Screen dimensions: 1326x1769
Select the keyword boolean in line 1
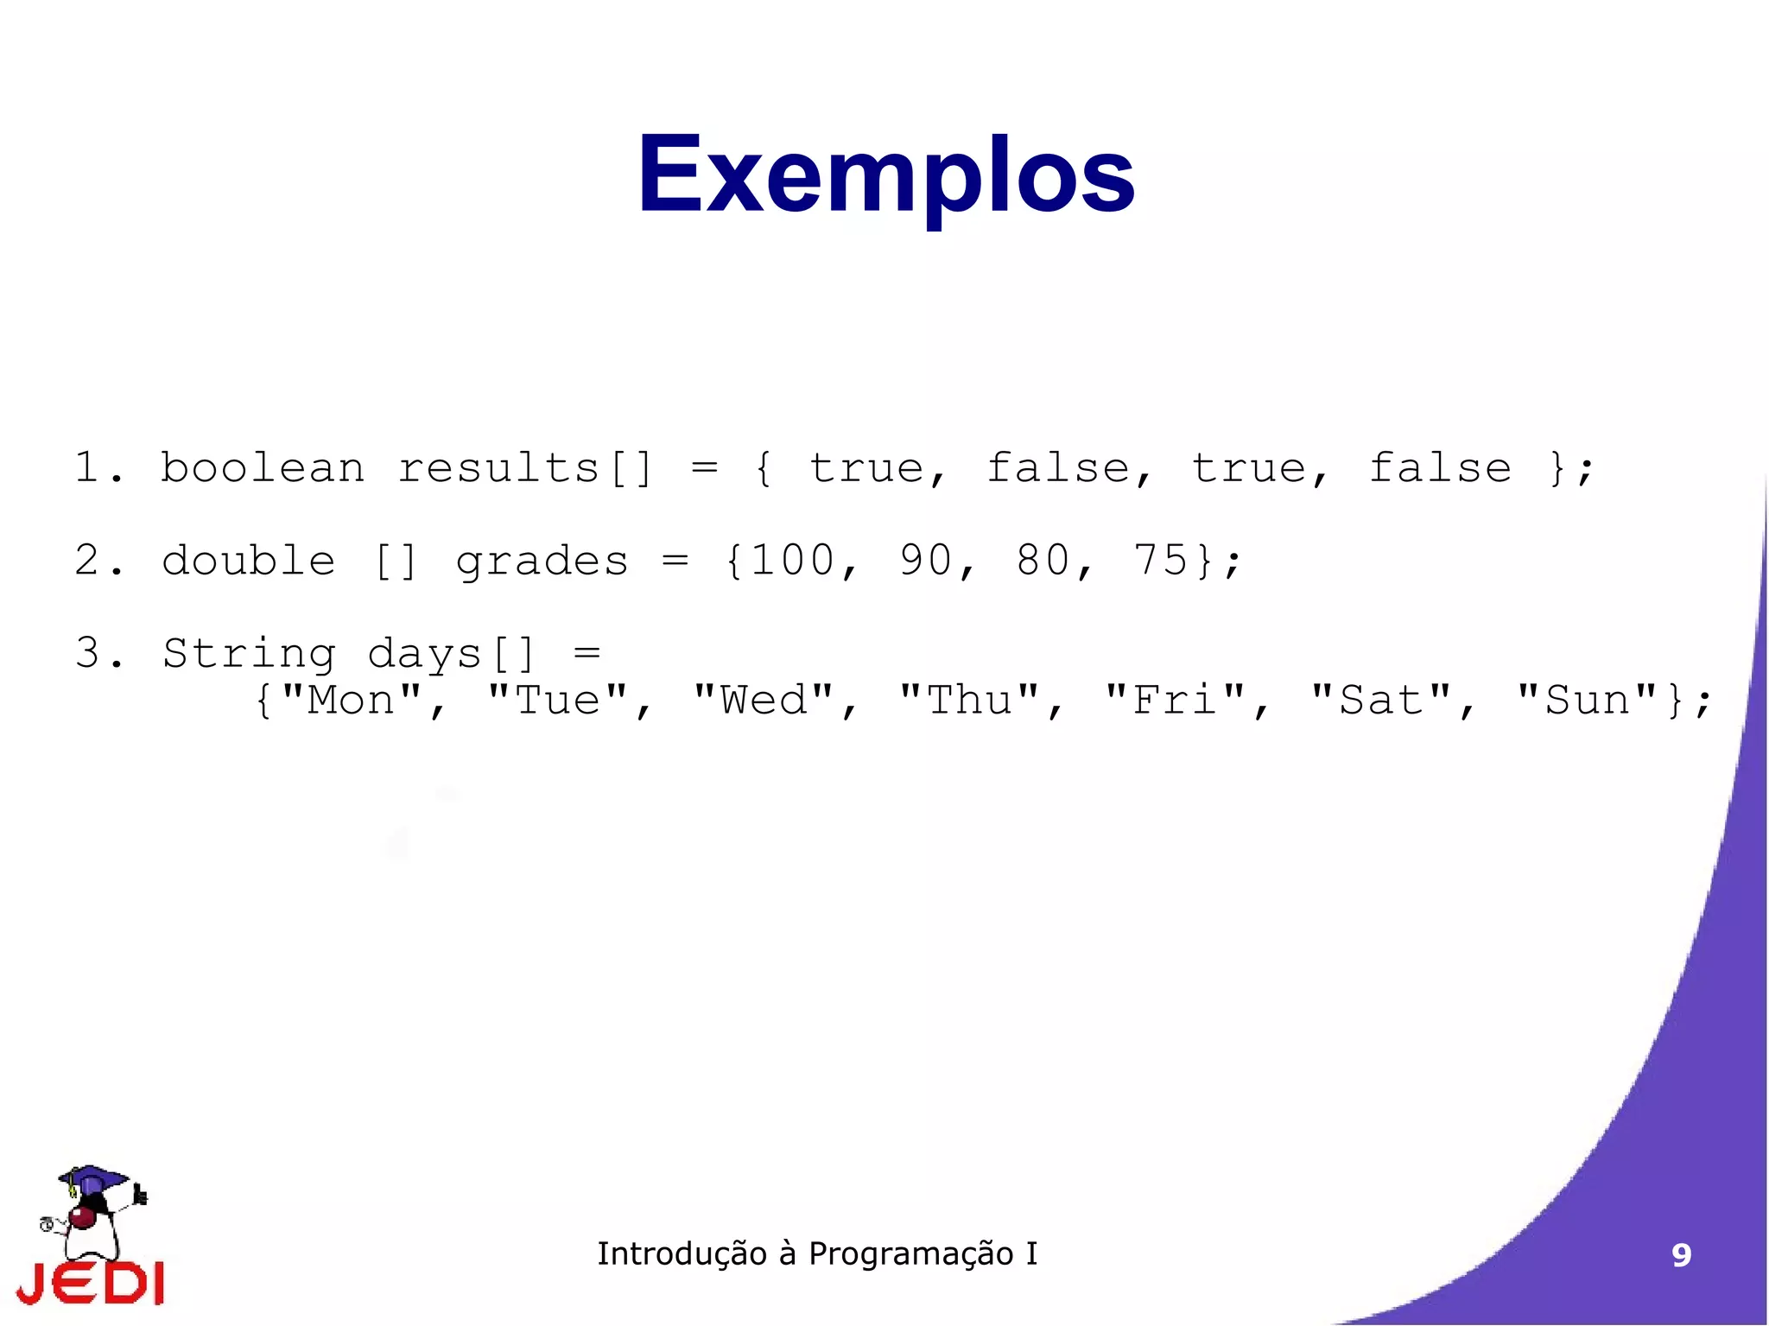click(263, 469)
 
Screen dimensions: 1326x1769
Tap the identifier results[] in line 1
click(524, 469)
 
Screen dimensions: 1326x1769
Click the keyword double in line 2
click(248, 561)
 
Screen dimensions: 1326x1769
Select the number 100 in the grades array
click(793, 561)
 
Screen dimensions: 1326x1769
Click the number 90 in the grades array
click(926, 561)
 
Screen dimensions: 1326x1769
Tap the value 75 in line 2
click(1160, 561)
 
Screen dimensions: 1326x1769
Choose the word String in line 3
click(249, 654)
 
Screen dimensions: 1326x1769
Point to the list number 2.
click(87, 561)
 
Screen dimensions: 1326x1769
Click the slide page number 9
click(1681, 1255)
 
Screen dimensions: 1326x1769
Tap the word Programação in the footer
click(910, 1254)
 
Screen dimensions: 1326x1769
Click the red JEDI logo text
click(91, 1284)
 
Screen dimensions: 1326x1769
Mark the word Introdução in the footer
click(682, 1254)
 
